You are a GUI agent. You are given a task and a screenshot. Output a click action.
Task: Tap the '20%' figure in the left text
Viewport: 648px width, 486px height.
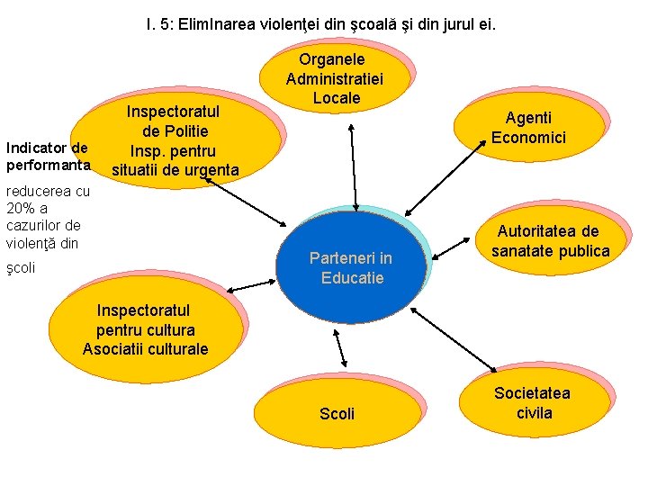pyautogui.click(x=19, y=208)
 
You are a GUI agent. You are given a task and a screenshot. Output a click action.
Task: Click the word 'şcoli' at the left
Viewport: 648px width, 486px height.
pyautogui.click(x=21, y=268)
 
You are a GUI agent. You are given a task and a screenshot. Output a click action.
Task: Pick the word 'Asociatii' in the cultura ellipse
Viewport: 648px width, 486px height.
pyautogui.click(x=112, y=348)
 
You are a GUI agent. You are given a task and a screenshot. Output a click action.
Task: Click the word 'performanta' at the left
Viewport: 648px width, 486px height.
pyautogui.click(x=46, y=166)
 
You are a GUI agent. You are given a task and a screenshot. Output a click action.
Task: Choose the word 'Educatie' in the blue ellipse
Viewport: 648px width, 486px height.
pyautogui.click(x=352, y=277)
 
